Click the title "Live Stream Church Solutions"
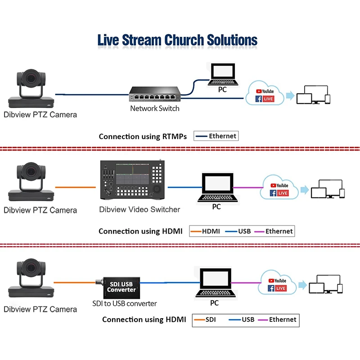[177, 40]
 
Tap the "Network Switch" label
[155, 108]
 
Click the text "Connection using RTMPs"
[143, 136]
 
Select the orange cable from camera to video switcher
[76, 187]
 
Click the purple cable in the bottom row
[246, 283]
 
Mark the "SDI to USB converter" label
[125, 303]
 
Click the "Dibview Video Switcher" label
[139, 209]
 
